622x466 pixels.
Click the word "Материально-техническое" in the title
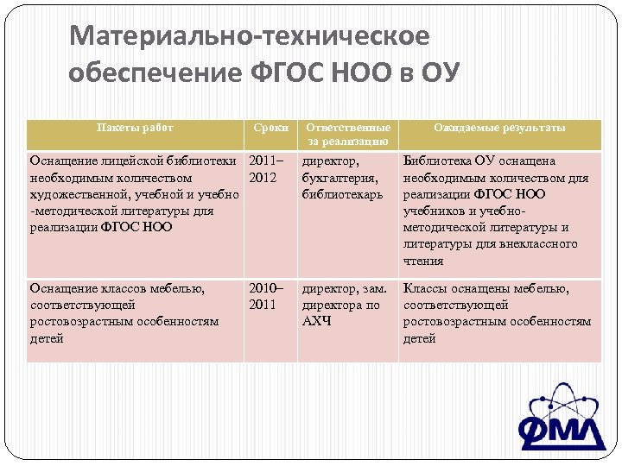pos(249,36)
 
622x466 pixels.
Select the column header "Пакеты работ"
pos(135,128)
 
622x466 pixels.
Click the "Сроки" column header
pos(270,128)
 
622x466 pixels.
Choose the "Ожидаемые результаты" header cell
pos(499,128)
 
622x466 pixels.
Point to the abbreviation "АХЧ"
pos(316,322)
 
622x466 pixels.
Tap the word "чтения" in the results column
pos(423,261)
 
